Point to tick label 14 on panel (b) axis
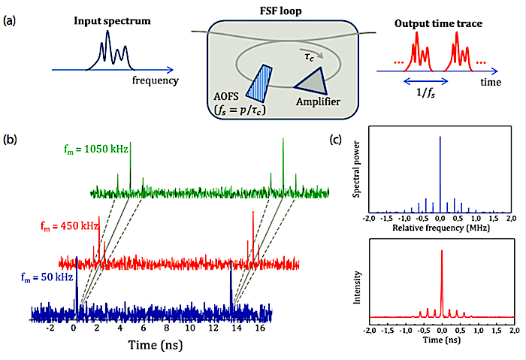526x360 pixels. click(x=237, y=328)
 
